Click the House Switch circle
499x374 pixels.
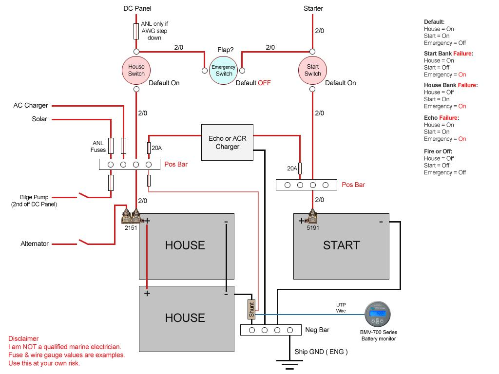pyautogui.click(x=136, y=70)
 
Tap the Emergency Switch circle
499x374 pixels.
pyautogui.click(x=224, y=70)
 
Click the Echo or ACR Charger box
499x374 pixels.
pyautogui.click(x=228, y=142)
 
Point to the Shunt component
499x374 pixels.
pyautogui.click(x=251, y=309)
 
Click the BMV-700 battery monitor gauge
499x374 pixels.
pyautogui.click(x=378, y=315)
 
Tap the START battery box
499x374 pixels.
pyautogui.click(x=341, y=245)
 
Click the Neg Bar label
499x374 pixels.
pyautogui.click(x=317, y=330)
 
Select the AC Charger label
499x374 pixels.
pyautogui.click(x=31, y=105)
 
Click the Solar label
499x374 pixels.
pyautogui.click(x=39, y=119)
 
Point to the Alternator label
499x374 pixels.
pyautogui.click(x=35, y=243)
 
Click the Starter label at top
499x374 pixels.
pyautogui.click(x=313, y=8)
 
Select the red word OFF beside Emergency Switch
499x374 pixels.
pyautogui.click(x=264, y=83)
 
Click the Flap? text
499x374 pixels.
pyautogui.click(x=225, y=50)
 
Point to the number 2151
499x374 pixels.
pyautogui.click(x=131, y=227)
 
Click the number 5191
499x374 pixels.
pyautogui.click(x=313, y=227)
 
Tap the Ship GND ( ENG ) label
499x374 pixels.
pyautogui.click(x=321, y=351)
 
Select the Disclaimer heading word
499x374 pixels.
pyautogui.click(x=23, y=338)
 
